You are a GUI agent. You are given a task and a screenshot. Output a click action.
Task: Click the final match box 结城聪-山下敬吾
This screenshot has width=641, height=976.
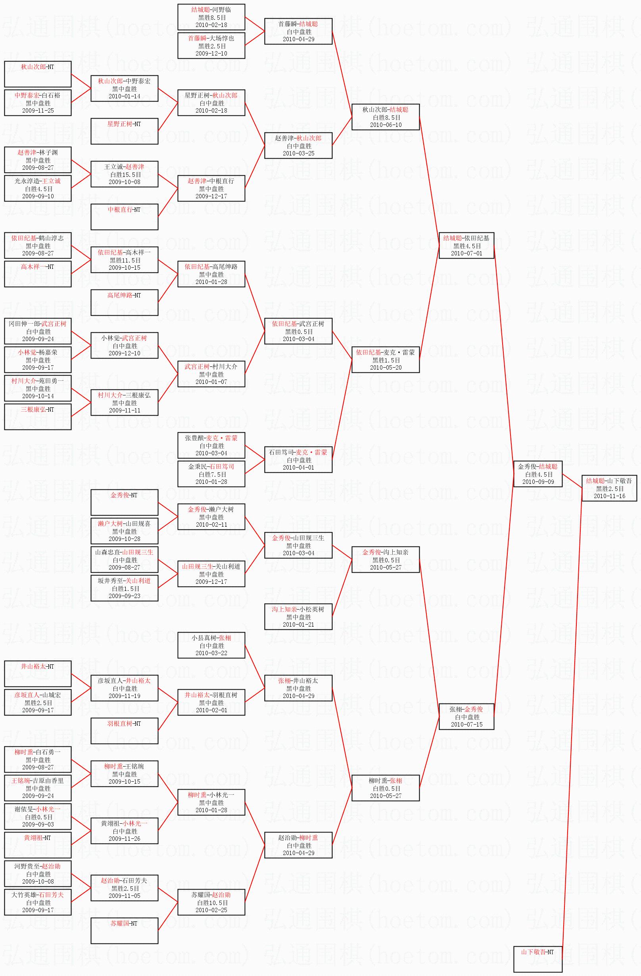(x=609, y=488)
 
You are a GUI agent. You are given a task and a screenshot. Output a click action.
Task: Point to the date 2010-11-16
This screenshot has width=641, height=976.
(x=609, y=496)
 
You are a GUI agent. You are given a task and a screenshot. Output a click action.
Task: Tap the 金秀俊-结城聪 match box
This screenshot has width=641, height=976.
(x=537, y=474)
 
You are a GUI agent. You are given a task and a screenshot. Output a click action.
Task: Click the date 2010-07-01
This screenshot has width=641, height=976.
(x=467, y=253)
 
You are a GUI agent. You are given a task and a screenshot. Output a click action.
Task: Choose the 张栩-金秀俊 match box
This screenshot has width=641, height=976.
(x=466, y=716)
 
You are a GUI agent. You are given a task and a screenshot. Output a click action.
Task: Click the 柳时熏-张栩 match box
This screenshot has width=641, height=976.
(x=386, y=788)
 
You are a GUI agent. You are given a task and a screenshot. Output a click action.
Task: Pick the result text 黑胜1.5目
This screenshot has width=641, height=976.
(x=386, y=360)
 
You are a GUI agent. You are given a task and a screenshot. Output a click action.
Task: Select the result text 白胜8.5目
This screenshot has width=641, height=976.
(x=386, y=117)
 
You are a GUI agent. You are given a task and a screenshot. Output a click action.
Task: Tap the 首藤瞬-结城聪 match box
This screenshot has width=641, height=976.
(x=298, y=31)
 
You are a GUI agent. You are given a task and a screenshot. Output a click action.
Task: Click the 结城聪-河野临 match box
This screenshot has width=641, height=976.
(x=211, y=17)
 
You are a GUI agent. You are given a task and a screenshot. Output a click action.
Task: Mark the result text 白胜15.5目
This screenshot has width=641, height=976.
(x=125, y=174)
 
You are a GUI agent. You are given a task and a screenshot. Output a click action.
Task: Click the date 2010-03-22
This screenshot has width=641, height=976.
(x=211, y=653)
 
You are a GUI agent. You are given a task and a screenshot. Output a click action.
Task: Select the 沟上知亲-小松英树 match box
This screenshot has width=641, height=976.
(x=298, y=617)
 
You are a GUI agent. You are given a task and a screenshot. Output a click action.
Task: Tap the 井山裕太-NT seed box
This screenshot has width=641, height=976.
(x=38, y=674)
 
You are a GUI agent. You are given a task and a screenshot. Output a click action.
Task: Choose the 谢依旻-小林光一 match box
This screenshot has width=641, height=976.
(x=38, y=817)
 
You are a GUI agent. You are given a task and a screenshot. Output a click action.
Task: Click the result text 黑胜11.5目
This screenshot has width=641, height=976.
(x=125, y=261)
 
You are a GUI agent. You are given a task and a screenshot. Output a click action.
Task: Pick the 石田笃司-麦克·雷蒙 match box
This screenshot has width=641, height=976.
(x=298, y=460)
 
